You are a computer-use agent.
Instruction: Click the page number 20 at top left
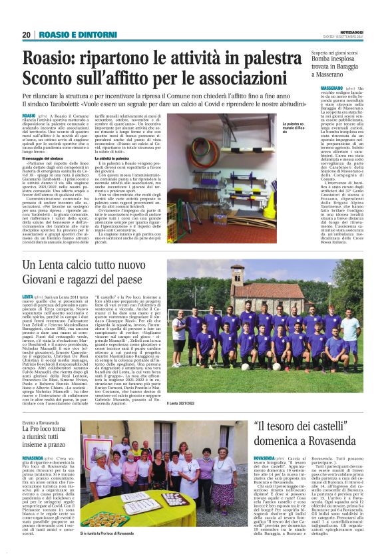(x=26, y=35)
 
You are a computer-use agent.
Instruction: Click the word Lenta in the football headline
(x=63, y=267)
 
